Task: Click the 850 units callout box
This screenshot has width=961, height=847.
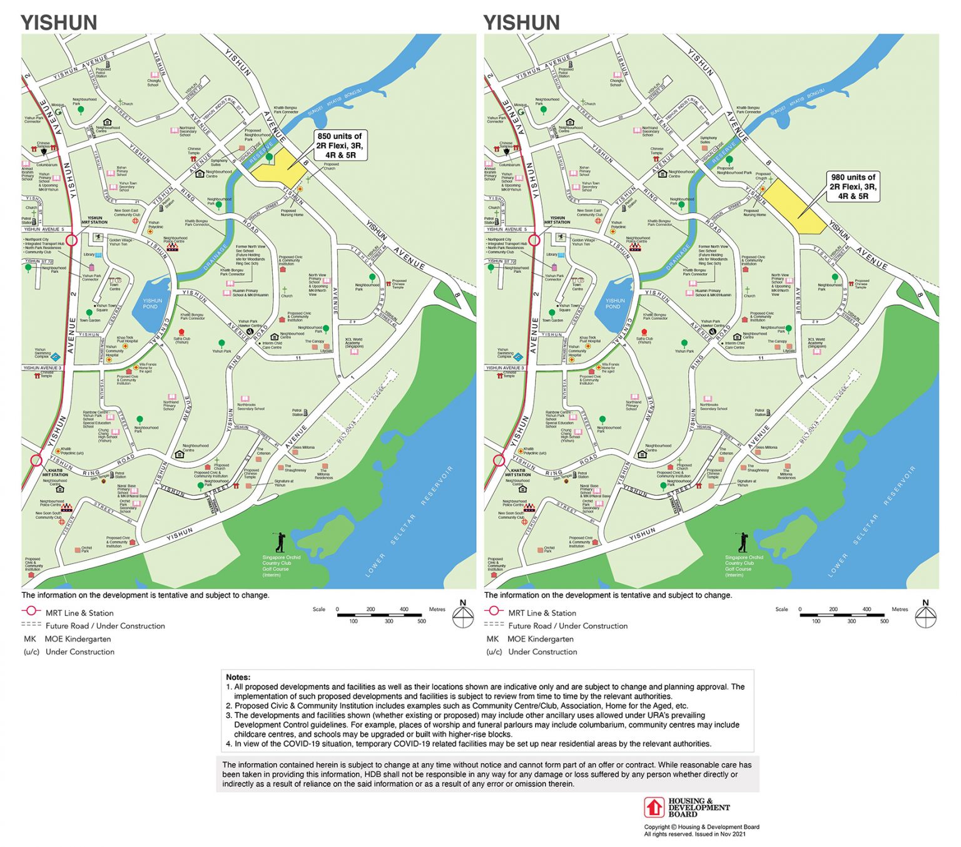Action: pyautogui.click(x=340, y=145)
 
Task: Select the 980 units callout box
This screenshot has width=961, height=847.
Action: pyautogui.click(x=853, y=187)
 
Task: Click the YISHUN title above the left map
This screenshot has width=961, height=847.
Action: pyautogui.click(x=59, y=23)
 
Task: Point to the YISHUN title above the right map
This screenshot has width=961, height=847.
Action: pyautogui.click(x=522, y=23)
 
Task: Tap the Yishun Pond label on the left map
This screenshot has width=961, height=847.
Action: pyautogui.click(x=152, y=304)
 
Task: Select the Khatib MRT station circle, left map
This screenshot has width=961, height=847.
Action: pyautogui.click(x=36, y=461)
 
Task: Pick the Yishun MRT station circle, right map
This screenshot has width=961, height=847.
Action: pyautogui.click(x=534, y=240)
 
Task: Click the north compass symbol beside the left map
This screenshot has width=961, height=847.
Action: pyautogui.click(x=463, y=616)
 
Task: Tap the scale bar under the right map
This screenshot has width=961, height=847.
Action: pyautogui.click(x=842, y=615)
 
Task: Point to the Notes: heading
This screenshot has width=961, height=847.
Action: pyautogui.click(x=238, y=677)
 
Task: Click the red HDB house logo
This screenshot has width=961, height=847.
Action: pyautogui.click(x=654, y=807)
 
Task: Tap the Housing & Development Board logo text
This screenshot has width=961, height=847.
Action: pyautogui.click(x=699, y=807)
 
